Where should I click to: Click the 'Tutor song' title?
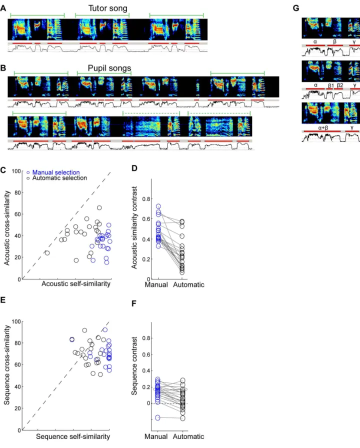click(107, 8)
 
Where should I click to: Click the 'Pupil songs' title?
click(109, 68)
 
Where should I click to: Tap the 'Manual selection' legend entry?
click(56, 172)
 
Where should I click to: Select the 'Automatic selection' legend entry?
click(59, 178)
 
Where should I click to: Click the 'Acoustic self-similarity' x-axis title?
click(76, 283)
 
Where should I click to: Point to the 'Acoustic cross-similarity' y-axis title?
click(7, 228)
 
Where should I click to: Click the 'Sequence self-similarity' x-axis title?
click(73, 436)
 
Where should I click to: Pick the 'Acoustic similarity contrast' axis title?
click(134, 227)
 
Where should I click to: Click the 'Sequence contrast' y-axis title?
click(134, 365)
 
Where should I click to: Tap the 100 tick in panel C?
click(16, 171)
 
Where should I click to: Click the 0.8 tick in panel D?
click(146, 199)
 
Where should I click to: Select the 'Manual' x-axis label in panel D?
click(156, 284)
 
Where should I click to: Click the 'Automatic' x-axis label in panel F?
click(188, 436)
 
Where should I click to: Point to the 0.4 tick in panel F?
click(146, 370)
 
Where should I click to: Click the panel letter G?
click(296, 8)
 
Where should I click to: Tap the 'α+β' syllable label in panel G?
click(323, 128)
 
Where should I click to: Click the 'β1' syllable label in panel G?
click(331, 85)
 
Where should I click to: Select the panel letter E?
click(3, 299)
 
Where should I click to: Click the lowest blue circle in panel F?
click(157, 417)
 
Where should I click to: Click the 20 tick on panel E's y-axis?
click(17, 408)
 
